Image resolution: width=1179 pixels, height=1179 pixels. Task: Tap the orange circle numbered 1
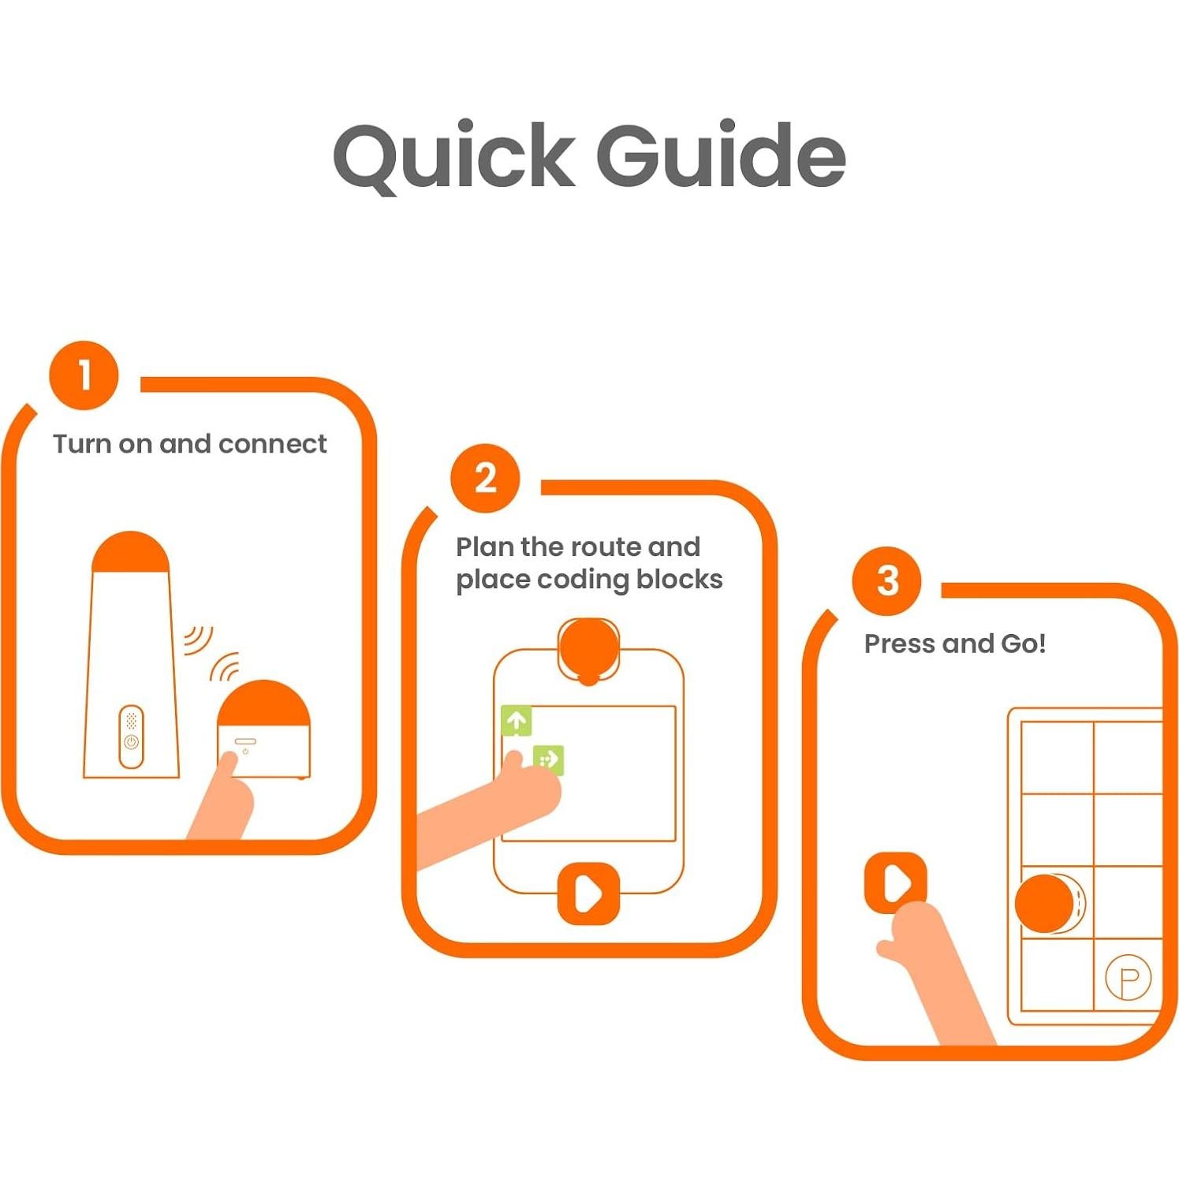tap(84, 375)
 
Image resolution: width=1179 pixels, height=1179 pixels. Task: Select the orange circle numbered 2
tap(485, 477)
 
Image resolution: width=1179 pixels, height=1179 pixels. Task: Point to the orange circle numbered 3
tap(886, 581)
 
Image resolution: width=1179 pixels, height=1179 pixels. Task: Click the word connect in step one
tap(272, 444)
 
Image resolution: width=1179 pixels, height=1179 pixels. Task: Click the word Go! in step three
tap(1024, 644)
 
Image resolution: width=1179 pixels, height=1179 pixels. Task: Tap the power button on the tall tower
tap(131, 742)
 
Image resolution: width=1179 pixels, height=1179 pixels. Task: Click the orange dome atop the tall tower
tap(130, 551)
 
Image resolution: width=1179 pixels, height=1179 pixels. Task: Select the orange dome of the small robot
tap(263, 703)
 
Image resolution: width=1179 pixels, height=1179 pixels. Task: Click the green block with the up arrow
tap(517, 720)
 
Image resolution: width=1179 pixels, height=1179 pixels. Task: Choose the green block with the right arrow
tap(549, 759)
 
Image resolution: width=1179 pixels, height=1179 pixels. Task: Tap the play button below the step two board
tap(588, 894)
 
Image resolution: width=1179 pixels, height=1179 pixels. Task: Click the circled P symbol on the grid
tap(1128, 978)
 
